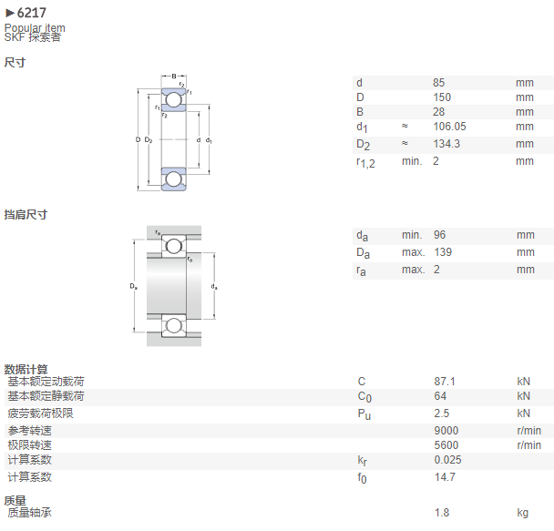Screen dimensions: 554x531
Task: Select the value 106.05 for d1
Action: click(x=449, y=127)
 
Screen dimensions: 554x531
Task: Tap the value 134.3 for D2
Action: click(x=446, y=144)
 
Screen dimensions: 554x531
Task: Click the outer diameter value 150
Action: click(x=442, y=97)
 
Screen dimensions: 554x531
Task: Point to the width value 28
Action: click(x=439, y=111)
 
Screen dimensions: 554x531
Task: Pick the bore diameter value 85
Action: click(x=439, y=83)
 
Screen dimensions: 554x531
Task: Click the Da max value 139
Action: click(x=443, y=252)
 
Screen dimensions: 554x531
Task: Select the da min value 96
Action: click(x=439, y=235)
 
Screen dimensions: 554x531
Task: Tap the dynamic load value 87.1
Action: click(x=445, y=382)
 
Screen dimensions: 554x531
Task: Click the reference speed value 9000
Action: click(x=446, y=431)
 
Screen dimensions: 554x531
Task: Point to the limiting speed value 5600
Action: click(x=446, y=445)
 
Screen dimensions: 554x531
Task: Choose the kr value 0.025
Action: click(x=447, y=460)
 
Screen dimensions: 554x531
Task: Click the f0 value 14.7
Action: click(x=445, y=477)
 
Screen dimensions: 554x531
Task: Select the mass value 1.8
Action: click(x=442, y=512)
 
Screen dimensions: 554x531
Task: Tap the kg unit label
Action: click(x=522, y=513)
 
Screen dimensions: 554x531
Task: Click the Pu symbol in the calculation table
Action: click(x=364, y=414)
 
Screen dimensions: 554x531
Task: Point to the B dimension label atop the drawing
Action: click(x=174, y=77)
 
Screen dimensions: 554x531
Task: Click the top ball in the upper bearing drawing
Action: click(x=173, y=99)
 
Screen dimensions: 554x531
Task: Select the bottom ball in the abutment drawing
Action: click(x=173, y=325)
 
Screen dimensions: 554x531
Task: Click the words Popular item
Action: click(x=35, y=27)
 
